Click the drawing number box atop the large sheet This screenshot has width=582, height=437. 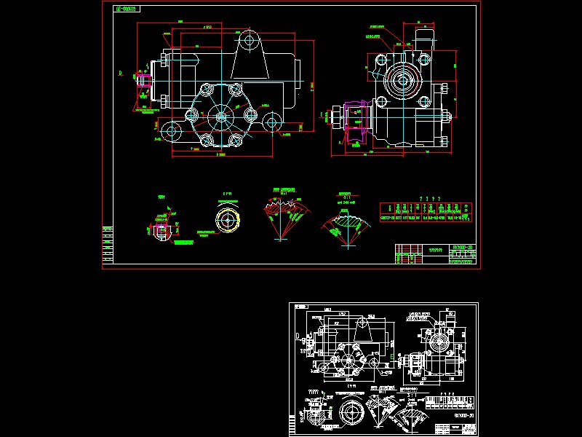tap(128, 9)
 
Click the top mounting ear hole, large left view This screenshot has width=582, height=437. tap(249, 39)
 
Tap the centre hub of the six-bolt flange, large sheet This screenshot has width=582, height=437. tap(220, 117)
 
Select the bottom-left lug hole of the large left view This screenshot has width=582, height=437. tap(172, 132)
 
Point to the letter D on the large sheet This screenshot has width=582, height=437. tap(120, 74)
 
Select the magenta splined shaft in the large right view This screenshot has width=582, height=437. tap(355, 121)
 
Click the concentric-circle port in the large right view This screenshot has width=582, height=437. tap(402, 81)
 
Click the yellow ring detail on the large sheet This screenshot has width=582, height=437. tap(227, 219)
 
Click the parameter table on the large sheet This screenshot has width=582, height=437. tap(426, 211)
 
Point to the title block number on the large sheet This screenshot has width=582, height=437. tap(462, 248)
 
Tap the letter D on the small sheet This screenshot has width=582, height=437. tap(298, 336)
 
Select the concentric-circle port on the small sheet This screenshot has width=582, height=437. tap(437, 341)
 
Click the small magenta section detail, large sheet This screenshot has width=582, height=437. tap(162, 229)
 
